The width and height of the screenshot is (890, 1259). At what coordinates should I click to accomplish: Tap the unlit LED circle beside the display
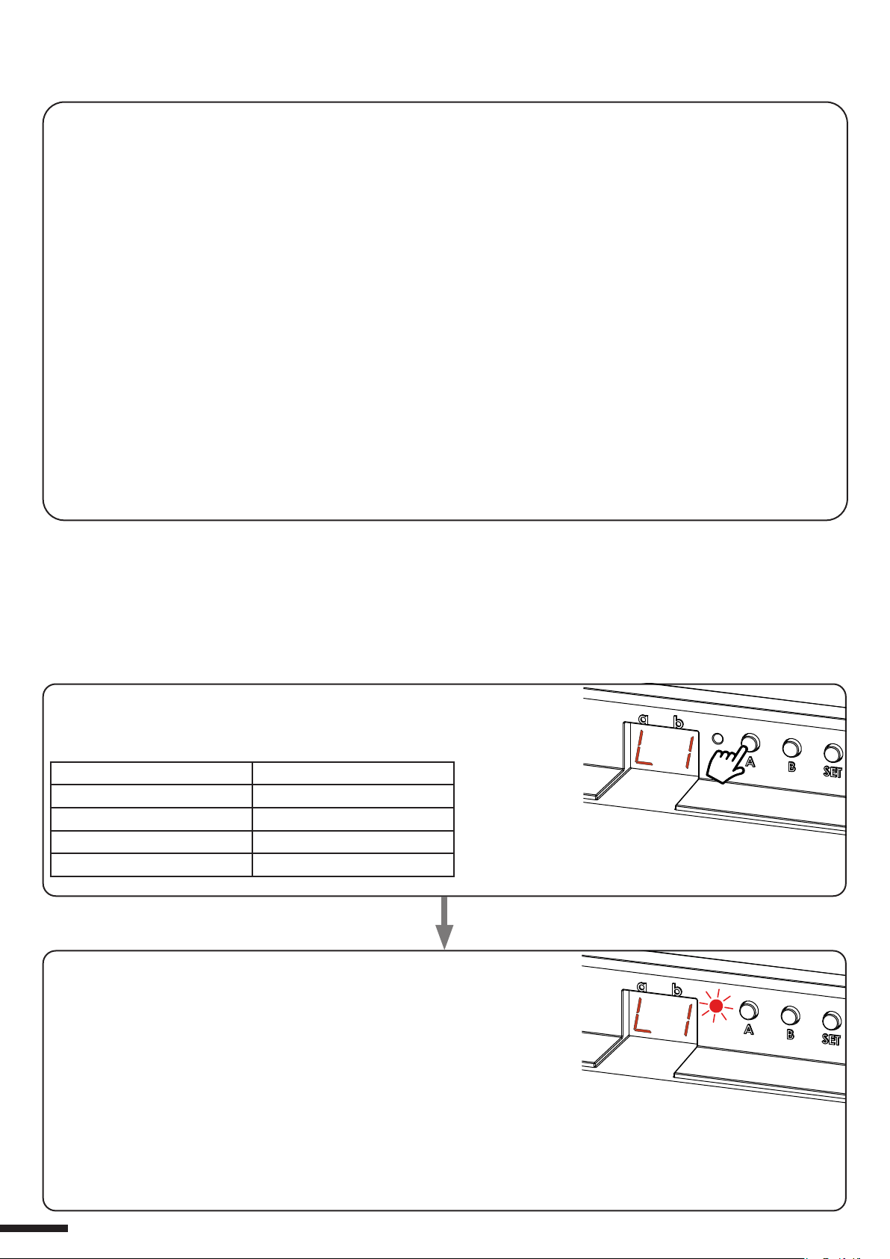pyautogui.click(x=717, y=738)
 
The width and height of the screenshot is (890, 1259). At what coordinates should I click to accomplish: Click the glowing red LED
pyautogui.click(x=716, y=1006)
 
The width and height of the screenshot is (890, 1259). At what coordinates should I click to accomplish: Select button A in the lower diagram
pyautogui.click(x=748, y=1011)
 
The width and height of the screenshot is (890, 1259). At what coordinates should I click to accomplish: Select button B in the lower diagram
pyautogui.click(x=790, y=1015)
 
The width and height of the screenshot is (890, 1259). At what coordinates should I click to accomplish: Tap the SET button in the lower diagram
pyautogui.click(x=832, y=1021)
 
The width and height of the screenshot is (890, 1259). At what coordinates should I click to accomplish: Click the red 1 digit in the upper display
pyautogui.click(x=690, y=752)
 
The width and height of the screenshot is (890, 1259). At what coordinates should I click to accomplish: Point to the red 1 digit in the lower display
pyautogui.click(x=688, y=1020)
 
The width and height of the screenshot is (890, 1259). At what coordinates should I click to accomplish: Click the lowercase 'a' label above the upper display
pyautogui.click(x=644, y=718)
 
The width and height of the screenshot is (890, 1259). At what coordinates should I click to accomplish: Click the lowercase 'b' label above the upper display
pyautogui.click(x=678, y=722)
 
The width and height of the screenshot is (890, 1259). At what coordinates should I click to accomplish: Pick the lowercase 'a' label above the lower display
pyautogui.click(x=642, y=986)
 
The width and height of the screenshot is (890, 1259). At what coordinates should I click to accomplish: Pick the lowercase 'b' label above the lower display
pyautogui.click(x=676, y=989)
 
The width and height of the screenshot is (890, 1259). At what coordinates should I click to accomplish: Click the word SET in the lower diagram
pyautogui.click(x=831, y=1039)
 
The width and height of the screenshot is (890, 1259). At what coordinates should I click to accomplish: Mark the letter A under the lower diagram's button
pyautogui.click(x=748, y=1029)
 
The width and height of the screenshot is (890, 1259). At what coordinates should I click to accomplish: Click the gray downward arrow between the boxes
pyautogui.click(x=444, y=923)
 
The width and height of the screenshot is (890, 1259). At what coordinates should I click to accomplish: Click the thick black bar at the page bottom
pyautogui.click(x=34, y=1228)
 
